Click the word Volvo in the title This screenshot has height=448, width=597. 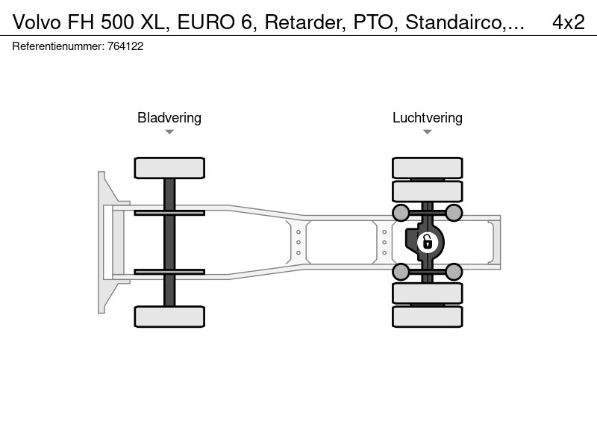point(37,22)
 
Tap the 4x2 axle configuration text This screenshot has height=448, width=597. point(569,22)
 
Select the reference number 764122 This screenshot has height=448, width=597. point(125,46)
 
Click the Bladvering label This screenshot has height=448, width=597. point(169,118)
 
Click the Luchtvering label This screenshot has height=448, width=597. point(428,118)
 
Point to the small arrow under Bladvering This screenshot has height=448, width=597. point(169,132)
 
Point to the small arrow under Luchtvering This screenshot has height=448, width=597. point(428,132)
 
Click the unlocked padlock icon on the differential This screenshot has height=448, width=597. point(427,242)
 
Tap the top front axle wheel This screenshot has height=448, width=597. point(169,168)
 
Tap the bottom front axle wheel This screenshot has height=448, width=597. point(169,317)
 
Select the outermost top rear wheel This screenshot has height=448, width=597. point(428,168)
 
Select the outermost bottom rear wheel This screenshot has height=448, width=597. point(428,317)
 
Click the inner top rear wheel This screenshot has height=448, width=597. point(428,191)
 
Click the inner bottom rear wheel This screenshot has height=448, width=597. point(428,293)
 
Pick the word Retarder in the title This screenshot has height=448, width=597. point(305,22)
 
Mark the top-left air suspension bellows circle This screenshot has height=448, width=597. point(401,213)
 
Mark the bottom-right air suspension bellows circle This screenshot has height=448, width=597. point(454,272)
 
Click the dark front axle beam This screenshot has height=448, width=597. point(169,242)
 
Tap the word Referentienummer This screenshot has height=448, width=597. point(58,46)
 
